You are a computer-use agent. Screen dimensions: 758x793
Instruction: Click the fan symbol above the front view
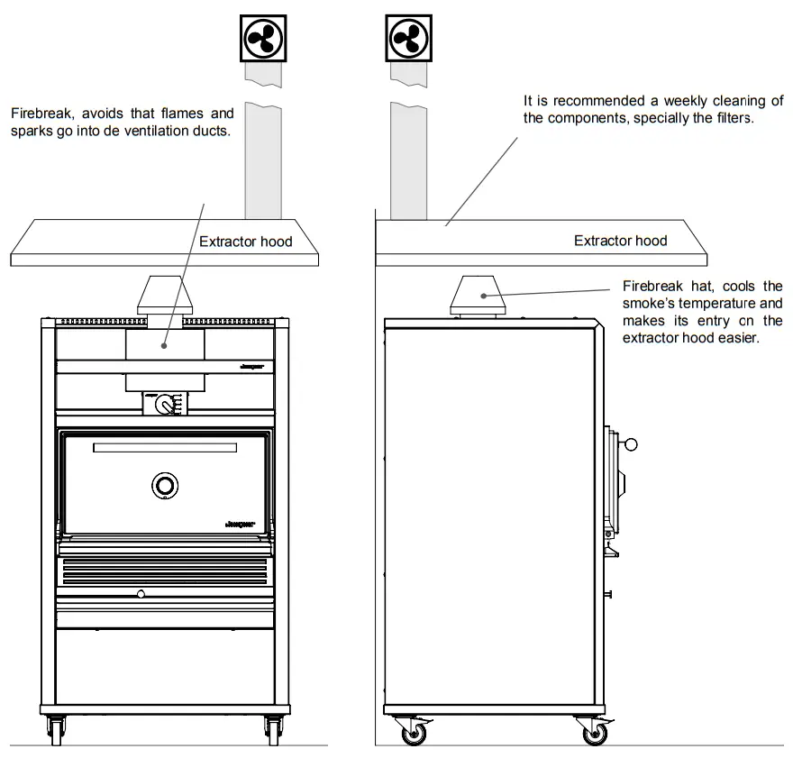point(265,38)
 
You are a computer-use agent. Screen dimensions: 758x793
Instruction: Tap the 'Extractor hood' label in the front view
point(246,242)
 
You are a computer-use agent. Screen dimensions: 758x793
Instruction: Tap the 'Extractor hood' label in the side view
point(621,241)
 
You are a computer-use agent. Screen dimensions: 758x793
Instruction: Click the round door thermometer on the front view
point(165,485)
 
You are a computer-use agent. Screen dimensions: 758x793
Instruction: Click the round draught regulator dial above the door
point(165,405)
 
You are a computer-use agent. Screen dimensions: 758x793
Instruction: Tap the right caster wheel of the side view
point(594,733)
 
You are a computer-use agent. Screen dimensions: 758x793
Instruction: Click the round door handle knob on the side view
point(631,443)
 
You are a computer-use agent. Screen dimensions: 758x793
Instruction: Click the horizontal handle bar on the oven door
point(165,448)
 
